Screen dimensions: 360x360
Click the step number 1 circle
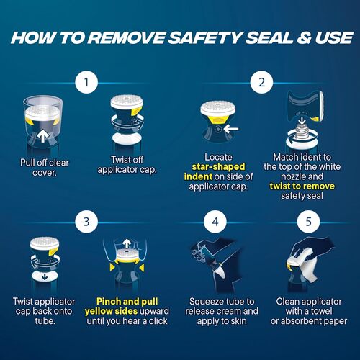tap(86, 82)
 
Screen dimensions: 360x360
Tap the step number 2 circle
tap(261, 82)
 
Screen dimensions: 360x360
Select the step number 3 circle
tap(86, 222)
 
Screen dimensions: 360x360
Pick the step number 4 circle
tap(215, 222)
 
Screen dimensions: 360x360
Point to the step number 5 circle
tap(308, 222)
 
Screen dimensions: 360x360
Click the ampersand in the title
tap(304, 38)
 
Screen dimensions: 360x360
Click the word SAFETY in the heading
tap(205, 38)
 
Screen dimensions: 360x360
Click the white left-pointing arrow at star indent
tap(231, 129)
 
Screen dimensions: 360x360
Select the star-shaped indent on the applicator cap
tap(218, 129)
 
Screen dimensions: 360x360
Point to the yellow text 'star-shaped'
tap(218, 167)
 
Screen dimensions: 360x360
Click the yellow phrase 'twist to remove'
tap(302, 186)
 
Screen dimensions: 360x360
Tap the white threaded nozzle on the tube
tap(302, 131)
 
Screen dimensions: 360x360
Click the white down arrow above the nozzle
tap(302, 121)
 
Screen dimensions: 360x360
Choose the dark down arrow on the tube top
tap(45, 277)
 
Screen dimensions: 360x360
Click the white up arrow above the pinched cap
tap(127, 243)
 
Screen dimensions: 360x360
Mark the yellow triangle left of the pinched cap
tap(112, 267)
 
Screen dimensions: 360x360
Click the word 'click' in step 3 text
tap(158, 321)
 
